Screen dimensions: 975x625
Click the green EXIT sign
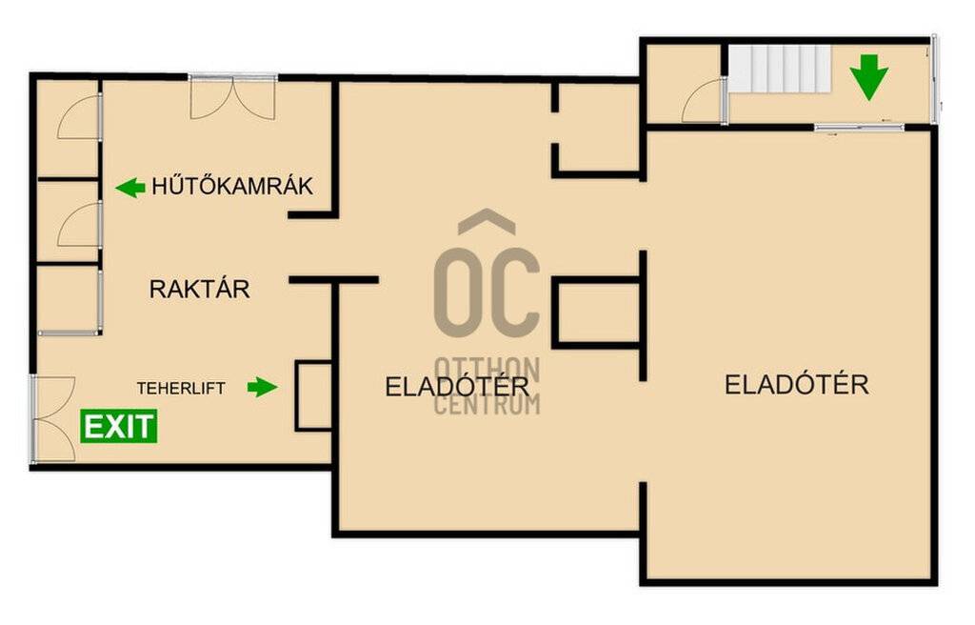[x=118, y=427]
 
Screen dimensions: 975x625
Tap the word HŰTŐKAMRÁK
[x=232, y=186]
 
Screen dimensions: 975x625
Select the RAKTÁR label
[x=200, y=289]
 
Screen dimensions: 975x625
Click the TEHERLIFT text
[x=181, y=389]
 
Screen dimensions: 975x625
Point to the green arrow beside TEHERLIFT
[x=263, y=387]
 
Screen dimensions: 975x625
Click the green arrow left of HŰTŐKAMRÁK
[x=130, y=188]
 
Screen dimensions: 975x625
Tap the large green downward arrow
[x=869, y=77]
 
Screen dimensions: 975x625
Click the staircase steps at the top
[x=781, y=70]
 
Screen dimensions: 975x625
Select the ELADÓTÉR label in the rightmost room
[x=797, y=385]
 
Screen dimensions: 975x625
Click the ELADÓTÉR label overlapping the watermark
[x=457, y=387]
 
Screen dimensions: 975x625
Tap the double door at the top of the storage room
[x=232, y=97]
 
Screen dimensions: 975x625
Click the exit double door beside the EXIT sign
[x=53, y=419]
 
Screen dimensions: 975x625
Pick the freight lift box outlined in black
[x=314, y=396]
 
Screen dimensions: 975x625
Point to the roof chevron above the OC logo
[x=487, y=222]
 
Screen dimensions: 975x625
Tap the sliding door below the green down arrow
[x=860, y=128]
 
